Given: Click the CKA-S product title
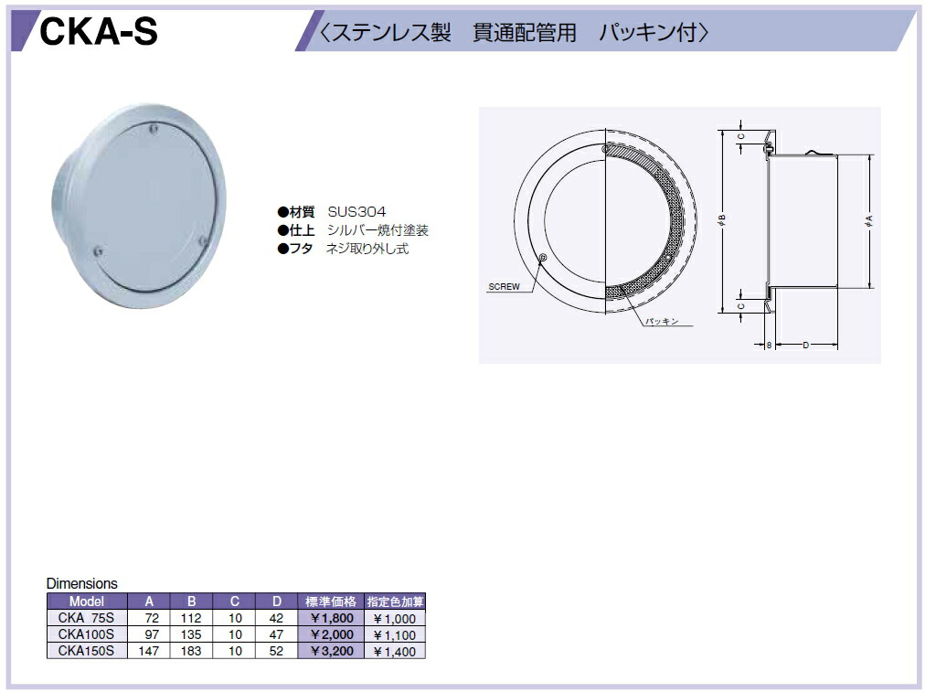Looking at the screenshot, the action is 99,31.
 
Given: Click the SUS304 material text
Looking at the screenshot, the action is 356,212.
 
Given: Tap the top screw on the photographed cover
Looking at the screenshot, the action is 154,128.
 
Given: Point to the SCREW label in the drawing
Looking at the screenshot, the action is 504,287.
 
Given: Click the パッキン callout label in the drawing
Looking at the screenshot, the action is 662,322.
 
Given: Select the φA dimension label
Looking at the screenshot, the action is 868,221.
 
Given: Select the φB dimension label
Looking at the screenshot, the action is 721,221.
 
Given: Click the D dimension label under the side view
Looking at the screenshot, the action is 806,346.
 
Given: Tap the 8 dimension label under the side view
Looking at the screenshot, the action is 769,346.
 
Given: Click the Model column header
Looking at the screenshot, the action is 87,602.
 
